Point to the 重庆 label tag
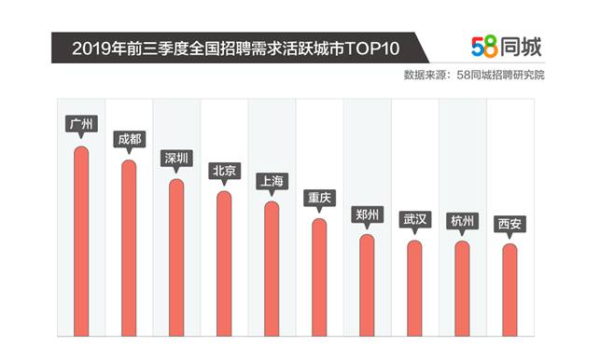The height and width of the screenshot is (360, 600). tap(319, 198)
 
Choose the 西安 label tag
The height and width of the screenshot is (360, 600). tap(509, 223)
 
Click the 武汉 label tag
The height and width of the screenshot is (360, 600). tap(414, 219)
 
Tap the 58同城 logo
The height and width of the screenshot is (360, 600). tap(506, 47)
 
